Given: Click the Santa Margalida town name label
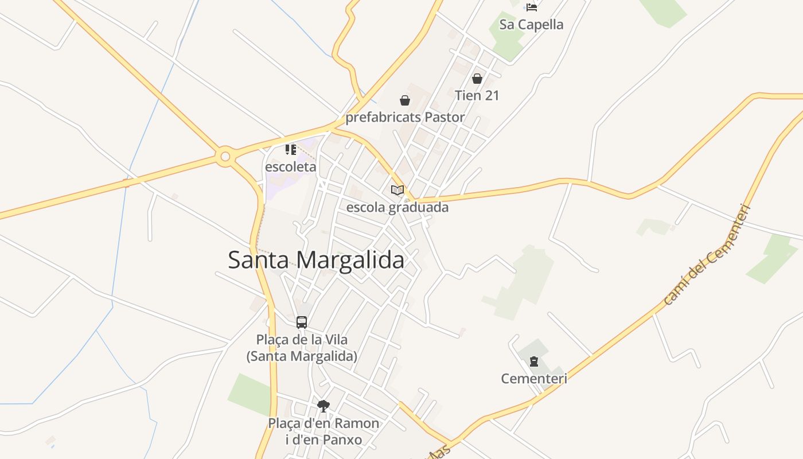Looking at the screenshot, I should pos(316,260).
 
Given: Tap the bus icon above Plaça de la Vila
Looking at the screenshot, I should pos(302,322).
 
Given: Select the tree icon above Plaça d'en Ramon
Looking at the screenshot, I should pos(323,406).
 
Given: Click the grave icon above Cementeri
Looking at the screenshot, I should pos(534,361).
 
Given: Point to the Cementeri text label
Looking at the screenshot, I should pos(534,379).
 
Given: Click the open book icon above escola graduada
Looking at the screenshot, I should pos(397,190).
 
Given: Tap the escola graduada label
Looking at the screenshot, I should pos(397,207).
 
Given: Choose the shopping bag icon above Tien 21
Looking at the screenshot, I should pos(477,79).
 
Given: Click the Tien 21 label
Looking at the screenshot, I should pos(477,95).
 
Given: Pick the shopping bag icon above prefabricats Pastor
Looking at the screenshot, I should pos(405,101).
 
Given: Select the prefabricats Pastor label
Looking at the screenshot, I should pos(405,118).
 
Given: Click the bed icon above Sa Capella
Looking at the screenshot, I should pos(532,7).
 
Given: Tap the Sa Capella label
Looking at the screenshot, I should pos(532,25).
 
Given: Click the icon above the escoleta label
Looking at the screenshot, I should pos(291,150).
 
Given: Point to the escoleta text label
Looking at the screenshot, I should pos(291,167).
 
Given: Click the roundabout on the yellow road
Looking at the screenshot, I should pos(225,156).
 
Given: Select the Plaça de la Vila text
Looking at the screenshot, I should pos(302,340).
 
